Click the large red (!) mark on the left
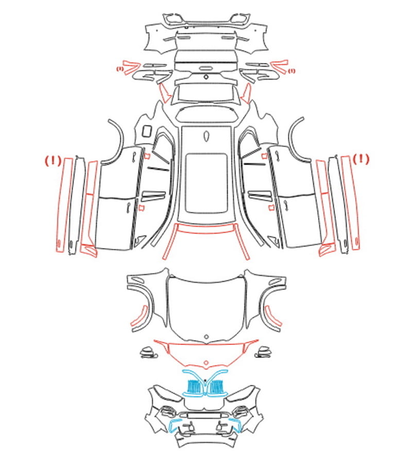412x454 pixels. point(53,160)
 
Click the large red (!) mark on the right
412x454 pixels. point(360,159)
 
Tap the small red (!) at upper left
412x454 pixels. point(120,69)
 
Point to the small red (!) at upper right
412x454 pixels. point(291,70)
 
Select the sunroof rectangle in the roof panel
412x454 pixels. point(206,183)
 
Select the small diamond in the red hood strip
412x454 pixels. point(206,362)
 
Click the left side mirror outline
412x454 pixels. point(148,352)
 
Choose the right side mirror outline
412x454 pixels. point(263,352)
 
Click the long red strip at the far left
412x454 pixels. point(64,204)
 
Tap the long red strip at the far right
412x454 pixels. point(350,203)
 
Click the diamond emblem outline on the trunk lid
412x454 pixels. point(206,77)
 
